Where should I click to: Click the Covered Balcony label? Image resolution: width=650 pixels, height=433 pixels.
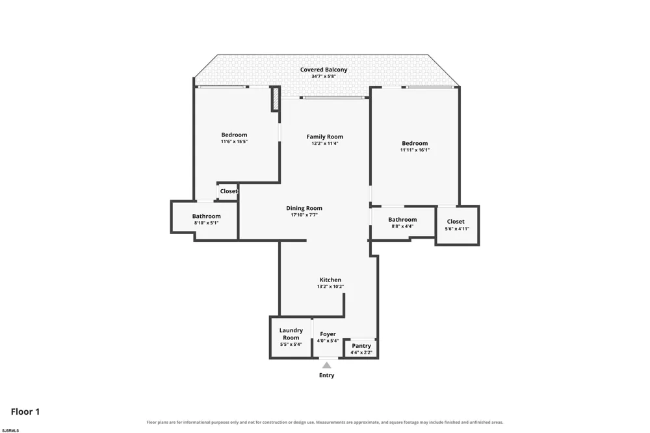coord(324,70)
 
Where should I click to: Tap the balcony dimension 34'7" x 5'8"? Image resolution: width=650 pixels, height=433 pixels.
coord(324,76)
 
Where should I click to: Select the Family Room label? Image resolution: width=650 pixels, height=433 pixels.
coord(325,137)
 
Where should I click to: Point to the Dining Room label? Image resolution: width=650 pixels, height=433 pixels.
coord(304,208)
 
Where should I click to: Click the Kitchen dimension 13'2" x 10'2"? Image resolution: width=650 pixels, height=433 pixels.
coord(330,287)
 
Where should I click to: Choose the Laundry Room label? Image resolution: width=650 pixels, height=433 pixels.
coord(291,334)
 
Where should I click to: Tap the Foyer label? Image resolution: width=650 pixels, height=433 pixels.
coord(328,334)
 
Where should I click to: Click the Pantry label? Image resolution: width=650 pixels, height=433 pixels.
coord(361,346)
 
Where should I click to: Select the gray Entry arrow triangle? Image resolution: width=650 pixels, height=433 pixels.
coord(327,365)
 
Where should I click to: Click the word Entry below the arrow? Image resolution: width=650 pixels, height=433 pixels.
coord(327,375)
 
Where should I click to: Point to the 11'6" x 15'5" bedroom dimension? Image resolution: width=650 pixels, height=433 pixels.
coord(234,142)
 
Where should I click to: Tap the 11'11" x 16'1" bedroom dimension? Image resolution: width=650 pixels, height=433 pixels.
coord(415,150)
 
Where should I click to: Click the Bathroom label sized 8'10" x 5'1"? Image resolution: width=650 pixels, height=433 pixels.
coord(207,216)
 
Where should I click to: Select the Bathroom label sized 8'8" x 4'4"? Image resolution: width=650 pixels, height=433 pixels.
coord(402,220)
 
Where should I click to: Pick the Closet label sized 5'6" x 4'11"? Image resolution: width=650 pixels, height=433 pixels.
coord(456,222)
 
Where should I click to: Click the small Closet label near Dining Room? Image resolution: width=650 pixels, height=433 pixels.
coord(229,191)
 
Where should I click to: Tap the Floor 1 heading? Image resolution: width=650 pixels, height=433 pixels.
coord(25,412)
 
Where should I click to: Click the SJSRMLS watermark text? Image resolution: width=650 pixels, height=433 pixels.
coord(10,430)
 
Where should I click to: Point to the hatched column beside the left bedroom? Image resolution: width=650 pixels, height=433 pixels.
coord(275,99)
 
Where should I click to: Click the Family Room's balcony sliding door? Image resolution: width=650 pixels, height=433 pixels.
coord(334,98)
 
